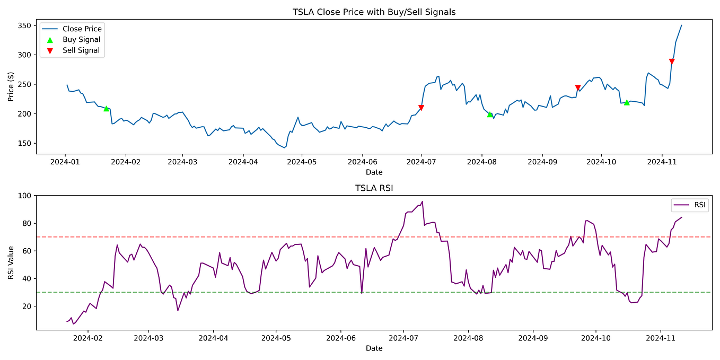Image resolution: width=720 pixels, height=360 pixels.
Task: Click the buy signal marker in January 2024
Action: pyautogui.click(x=106, y=108)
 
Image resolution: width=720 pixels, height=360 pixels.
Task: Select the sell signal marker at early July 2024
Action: pyautogui.click(x=421, y=108)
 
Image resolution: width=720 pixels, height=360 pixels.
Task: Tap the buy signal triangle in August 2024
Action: pyautogui.click(x=490, y=114)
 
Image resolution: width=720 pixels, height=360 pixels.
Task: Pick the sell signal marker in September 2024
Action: pyautogui.click(x=578, y=88)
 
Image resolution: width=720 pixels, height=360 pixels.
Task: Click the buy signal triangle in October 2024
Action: pyautogui.click(x=627, y=102)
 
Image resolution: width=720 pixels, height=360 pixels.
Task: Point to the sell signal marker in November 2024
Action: pyautogui.click(x=672, y=62)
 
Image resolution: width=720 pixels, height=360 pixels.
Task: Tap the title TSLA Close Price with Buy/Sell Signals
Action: pyautogui.click(x=374, y=12)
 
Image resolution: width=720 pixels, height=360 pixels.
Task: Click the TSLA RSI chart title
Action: pyautogui.click(x=374, y=188)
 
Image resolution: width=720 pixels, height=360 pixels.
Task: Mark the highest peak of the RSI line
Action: pyautogui.click(x=422, y=201)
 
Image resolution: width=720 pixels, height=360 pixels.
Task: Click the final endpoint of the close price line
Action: pyautogui.click(x=681, y=25)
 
